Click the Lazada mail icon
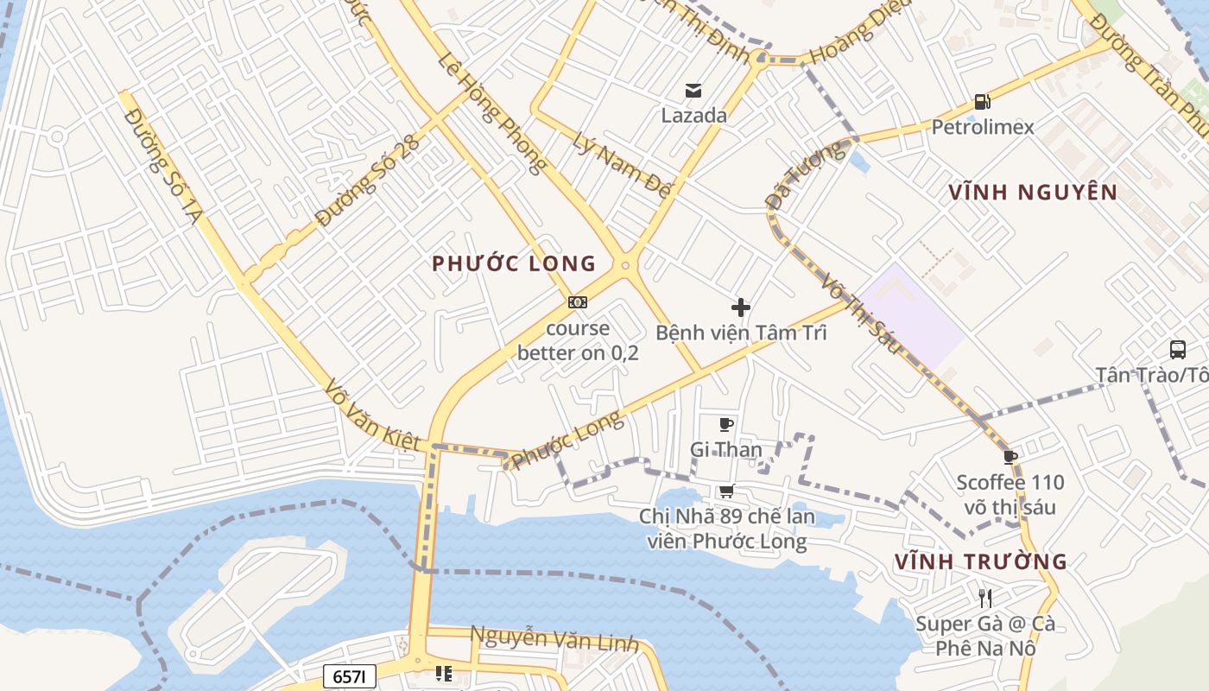tap(693, 91)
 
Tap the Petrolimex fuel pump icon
tap(982, 102)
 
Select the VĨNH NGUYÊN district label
tap(1033, 192)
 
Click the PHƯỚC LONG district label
tap(515, 263)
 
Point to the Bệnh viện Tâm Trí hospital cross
tap(740, 307)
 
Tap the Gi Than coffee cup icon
tap(726, 424)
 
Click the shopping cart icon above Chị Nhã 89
tap(726, 491)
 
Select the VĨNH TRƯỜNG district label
tap(981, 561)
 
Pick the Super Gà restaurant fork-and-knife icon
tap(984, 598)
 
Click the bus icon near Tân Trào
tap(1178, 350)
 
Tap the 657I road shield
tap(350, 676)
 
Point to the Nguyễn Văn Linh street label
tap(554, 639)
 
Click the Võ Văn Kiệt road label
tap(375, 415)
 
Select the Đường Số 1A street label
tap(161, 166)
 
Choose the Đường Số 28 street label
tap(367, 181)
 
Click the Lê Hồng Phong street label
tap(492, 112)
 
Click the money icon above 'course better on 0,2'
tap(578, 302)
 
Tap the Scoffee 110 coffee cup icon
tap(1010, 457)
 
